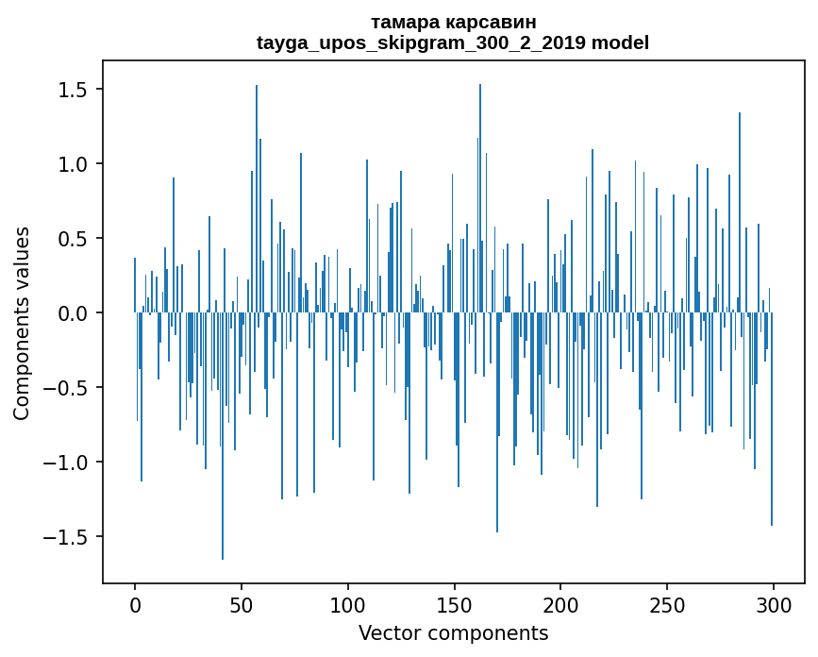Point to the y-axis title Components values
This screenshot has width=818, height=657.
21,323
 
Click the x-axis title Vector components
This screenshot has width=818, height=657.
453,632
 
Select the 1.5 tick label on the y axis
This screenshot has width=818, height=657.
74,90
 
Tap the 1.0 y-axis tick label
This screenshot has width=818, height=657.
74,164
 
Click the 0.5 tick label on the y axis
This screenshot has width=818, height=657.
74,239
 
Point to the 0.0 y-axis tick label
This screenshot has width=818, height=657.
74,313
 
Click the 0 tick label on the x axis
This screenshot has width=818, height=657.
135,603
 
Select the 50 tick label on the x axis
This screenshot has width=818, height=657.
242,603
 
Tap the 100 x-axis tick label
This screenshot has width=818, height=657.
348,603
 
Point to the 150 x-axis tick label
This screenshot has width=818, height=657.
455,603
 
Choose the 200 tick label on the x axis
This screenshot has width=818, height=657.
560,603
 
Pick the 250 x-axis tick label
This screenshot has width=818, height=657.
667,603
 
